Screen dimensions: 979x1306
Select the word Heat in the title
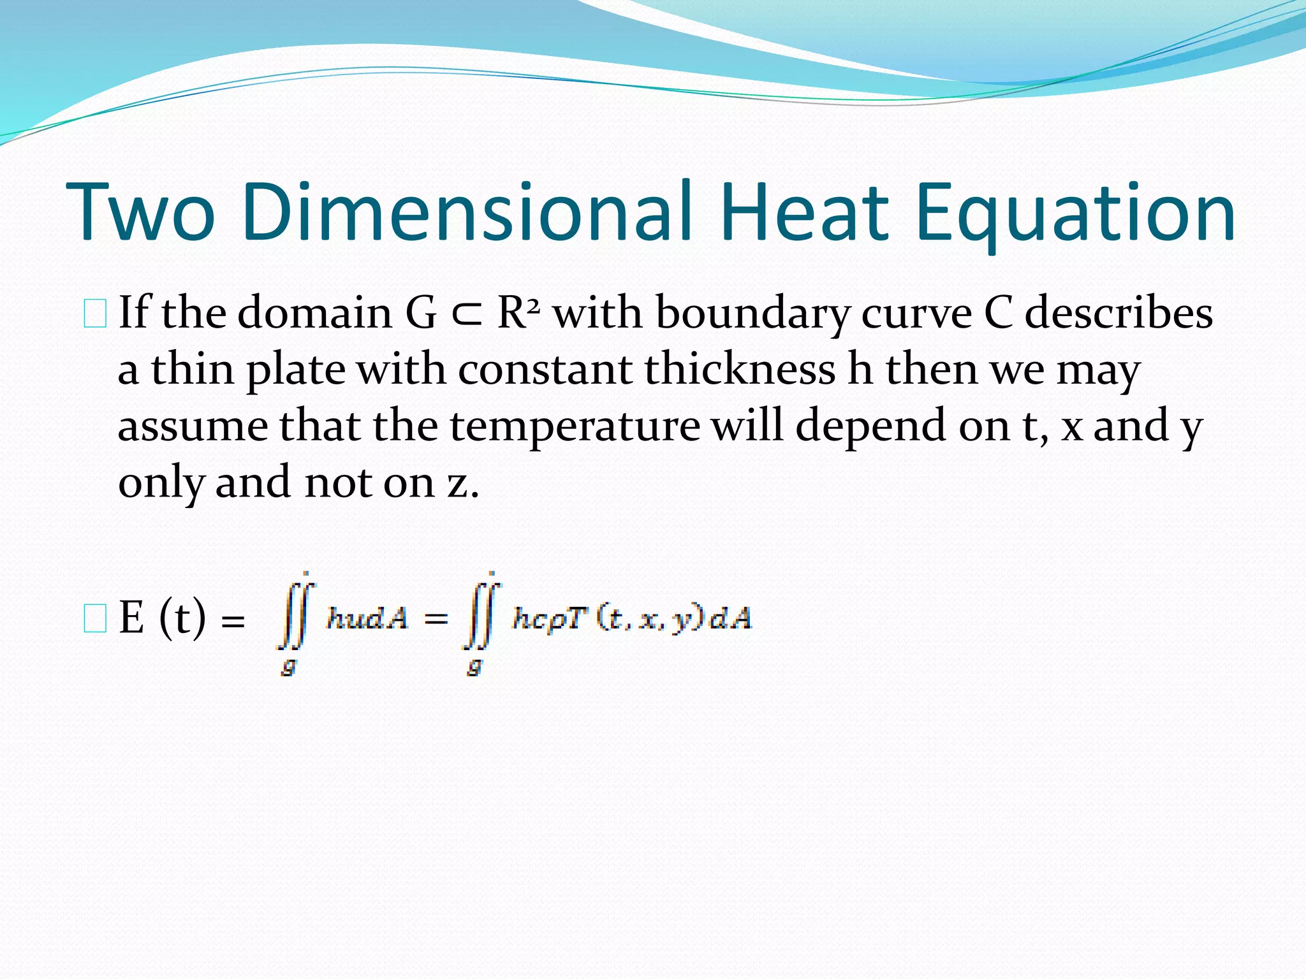805,212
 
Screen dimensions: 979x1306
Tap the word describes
1119,313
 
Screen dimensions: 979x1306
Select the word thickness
739,369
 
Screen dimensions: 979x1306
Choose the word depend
870,425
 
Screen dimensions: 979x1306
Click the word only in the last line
161,482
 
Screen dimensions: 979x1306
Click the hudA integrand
367,618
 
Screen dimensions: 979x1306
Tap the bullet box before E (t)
95,619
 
